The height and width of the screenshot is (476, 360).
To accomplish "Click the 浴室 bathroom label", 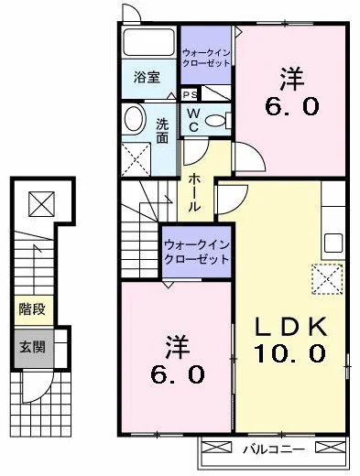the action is tap(147, 77).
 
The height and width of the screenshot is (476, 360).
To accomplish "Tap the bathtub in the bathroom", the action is tap(148, 42).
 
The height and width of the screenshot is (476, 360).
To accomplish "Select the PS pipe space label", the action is tap(190, 94).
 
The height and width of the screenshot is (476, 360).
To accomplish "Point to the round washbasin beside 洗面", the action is tap(134, 119).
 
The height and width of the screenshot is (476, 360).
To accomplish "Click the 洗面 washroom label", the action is tap(162, 130).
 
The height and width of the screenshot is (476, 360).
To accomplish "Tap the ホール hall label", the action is tap(193, 193).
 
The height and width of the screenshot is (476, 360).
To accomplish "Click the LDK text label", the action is tap(291, 326).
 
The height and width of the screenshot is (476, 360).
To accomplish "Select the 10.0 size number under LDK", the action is tap(289, 352).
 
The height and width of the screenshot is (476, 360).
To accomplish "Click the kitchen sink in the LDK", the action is tap(333, 243).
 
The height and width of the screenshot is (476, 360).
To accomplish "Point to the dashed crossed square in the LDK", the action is tap(327, 279).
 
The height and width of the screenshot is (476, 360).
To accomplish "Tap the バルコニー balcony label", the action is tap(274, 449).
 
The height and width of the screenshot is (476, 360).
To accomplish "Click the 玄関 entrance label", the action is tap(33, 347).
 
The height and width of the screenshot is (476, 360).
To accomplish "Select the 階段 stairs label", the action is tap(32, 309).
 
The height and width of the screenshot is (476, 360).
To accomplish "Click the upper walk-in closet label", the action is tap(206, 58).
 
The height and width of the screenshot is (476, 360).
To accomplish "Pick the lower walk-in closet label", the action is tap(197, 252).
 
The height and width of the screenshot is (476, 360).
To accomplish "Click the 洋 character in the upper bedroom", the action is tap(292, 79).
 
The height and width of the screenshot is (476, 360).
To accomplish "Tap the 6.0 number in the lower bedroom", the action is tap(178, 374).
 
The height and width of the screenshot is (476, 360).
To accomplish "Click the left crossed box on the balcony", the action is tap(217, 448).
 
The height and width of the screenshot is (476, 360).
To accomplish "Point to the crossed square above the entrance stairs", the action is tap(41, 204).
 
